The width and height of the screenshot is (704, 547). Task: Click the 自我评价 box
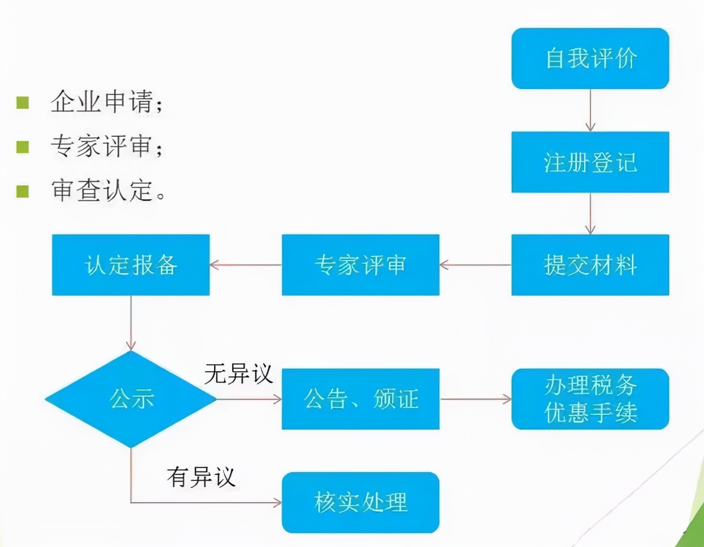click(x=590, y=58)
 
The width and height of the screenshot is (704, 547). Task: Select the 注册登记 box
click(x=590, y=162)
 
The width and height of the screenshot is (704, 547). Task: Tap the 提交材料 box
click(x=590, y=265)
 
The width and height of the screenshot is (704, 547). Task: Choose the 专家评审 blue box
click(x=361, y=265)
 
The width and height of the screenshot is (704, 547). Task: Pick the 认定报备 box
click(x=131, y=265)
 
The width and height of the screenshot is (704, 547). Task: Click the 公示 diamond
click(x=131, y=399)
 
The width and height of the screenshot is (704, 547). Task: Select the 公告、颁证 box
click(x=361, y=399)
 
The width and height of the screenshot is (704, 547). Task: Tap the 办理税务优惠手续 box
click(x=590, y=399)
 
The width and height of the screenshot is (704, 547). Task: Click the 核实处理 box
click(x=361, y=503)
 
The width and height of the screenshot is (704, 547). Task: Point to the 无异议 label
click(x=238, y=374)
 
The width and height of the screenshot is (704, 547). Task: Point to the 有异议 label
click(x=201, y=477)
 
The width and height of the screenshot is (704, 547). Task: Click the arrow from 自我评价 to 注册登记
click(x=590, y=110)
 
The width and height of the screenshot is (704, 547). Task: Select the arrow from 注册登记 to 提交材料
click(x=590, y=213)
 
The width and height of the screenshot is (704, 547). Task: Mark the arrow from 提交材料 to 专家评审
click(x=475, y=265)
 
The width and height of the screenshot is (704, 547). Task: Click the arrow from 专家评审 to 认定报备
click(x=246, y=265)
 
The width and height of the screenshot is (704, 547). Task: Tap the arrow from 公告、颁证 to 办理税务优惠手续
click(x=476, y=399)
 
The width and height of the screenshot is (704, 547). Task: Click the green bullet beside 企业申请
click(x=23, y=103)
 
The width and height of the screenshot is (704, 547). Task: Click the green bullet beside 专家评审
click(x=23, y=147)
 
